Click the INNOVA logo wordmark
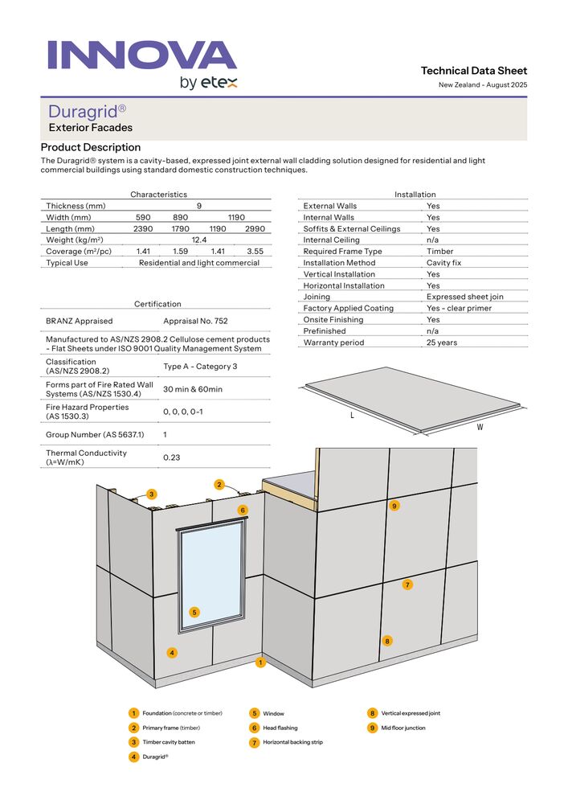142,56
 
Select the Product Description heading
90,147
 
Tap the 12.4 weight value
199,240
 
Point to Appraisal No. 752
195,321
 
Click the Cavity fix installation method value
443,263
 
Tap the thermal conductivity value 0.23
171,457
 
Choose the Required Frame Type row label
342,252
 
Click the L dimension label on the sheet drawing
352,416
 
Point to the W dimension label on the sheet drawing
480,427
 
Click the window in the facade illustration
212,573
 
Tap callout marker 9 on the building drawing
394,506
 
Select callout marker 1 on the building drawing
259,662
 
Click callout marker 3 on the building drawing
151,494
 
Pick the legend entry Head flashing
280,728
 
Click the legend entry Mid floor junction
403,728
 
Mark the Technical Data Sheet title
473,71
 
